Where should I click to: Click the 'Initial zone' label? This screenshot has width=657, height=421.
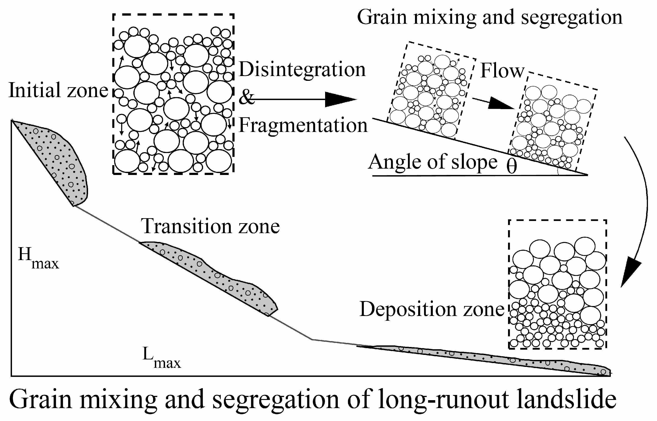(x=58, y=90)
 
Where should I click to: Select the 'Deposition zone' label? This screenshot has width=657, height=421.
(x=432, y=309)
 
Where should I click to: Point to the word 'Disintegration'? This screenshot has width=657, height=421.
(x=302, y=70)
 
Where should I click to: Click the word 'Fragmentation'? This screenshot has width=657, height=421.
(x=303, y=125)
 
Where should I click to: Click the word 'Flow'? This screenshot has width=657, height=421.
(x=502, y=71)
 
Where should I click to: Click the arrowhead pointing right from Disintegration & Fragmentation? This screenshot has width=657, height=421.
(x=340, y=99)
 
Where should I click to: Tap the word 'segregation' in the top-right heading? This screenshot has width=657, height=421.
(x=571, y=17)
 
